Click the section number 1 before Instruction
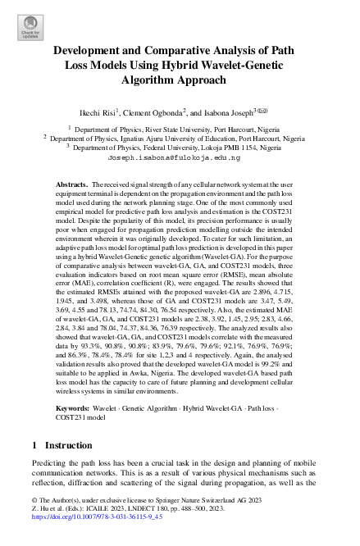tap(34, 446)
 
